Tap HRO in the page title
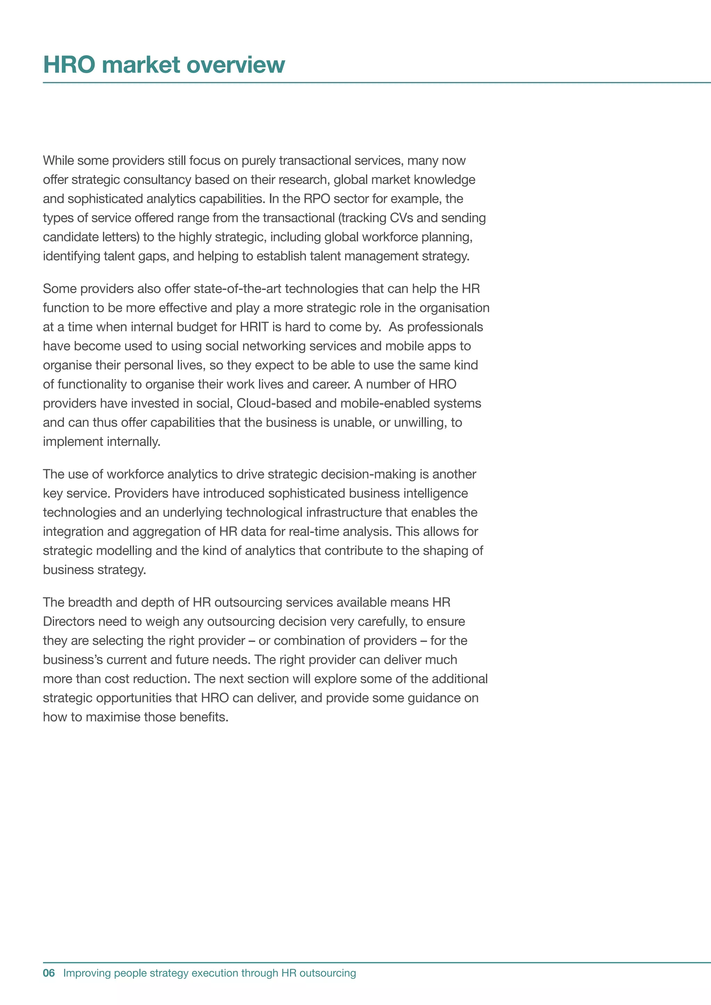[69, 65]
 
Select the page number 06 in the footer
[49, 973]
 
